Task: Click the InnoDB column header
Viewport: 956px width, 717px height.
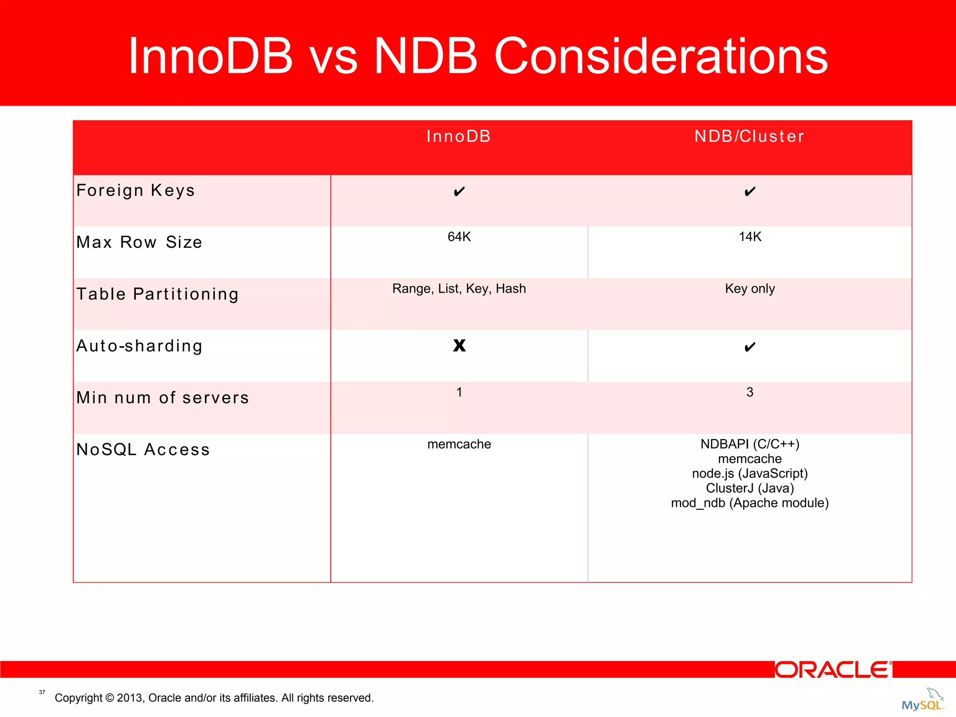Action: click(x=458, y=136)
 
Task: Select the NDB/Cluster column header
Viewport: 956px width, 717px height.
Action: click(x=749, y=136)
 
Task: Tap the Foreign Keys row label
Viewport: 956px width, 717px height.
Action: click(x=135, y=190)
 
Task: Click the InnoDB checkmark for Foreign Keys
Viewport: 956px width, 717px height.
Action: click(x=459, y=191)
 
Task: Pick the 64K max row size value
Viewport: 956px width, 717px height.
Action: click(x=459, y=237)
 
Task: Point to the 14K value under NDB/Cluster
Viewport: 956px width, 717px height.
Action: click(x=750, y=237)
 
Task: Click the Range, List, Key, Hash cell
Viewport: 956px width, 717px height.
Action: click(x=459, y=288)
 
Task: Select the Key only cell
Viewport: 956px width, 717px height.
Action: click(x=750, y=288)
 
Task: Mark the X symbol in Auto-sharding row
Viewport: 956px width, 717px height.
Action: click(x=459, y=345)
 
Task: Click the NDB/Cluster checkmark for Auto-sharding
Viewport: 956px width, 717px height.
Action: click(x=750, y=347)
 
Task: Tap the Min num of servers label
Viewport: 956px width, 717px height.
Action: click(x=162, y=398)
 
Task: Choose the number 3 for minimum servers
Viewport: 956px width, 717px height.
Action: click(x=750, y=392)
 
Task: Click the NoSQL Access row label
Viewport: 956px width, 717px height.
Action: click(x=143, y=450)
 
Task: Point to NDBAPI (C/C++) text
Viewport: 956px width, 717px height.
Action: click(x=750, y=444)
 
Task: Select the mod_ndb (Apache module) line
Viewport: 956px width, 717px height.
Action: click(x=750, y=503)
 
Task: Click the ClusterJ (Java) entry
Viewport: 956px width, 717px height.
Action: click(x=750, y=488)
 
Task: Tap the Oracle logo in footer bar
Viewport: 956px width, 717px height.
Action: click(x=833, y=670)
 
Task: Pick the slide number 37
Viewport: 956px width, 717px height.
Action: click(x=42, y=692)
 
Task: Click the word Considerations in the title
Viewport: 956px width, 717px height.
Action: click(x=661, y=56)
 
